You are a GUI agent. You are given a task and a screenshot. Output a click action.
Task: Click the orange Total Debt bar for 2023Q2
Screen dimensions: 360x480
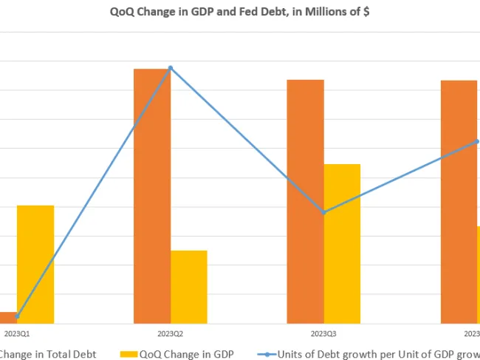[151, 196]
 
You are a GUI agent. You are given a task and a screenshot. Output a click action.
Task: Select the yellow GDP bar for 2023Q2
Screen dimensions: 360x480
[188, 287]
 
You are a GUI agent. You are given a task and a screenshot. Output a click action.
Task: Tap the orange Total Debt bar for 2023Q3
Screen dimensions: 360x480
[305, 201]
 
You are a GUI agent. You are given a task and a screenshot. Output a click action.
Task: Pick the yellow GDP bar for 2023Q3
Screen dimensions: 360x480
[342, 243]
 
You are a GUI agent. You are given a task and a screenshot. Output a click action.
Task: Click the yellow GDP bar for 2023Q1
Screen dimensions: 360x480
[35, 264]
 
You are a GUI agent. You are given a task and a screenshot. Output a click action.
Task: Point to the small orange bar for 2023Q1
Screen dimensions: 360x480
[7, 318]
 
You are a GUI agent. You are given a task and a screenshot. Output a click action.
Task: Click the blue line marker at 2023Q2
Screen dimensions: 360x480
[171, 68]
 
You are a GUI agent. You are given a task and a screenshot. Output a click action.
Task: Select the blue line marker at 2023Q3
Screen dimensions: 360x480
[323, 213]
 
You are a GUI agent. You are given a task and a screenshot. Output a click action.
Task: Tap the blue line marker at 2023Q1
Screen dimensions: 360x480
[17, 316]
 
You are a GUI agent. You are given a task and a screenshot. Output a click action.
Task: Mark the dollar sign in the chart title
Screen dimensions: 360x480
[366, 12]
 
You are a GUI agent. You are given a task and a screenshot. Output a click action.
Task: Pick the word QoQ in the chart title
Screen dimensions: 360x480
[123, 12]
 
